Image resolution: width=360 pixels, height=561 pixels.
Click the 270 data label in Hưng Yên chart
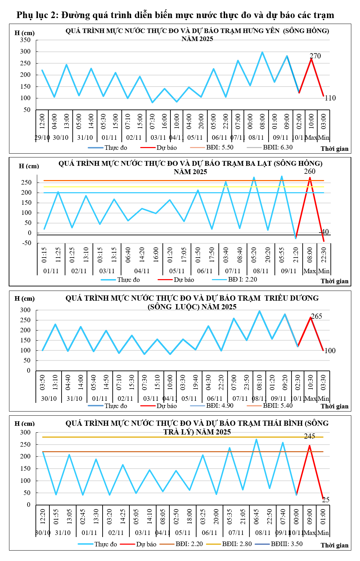pyautogui.click(x=315, y=56)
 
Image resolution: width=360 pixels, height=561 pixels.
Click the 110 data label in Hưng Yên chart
pyautogui.click(x=330, y=98)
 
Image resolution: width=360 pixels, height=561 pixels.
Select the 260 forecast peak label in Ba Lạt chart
pyautogui.click(x=310, y=171)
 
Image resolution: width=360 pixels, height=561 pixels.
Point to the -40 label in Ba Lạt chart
pyautogui.click(x=324, y=232)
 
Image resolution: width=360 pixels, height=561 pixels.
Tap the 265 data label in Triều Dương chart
pyautogui.click(x=317, y=316)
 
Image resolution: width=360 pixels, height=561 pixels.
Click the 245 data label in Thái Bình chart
pyautogui.click(x=309, y=436)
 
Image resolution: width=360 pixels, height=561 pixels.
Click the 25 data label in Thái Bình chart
pyautogui.click(x=326, y=500)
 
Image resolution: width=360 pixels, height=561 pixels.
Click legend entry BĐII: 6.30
pyautogui.click(x=278, y=147)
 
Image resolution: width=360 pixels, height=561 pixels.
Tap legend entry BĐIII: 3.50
pyautogui.click(x=287, y=544)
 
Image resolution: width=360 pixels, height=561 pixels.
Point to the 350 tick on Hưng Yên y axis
pyautogui.click(x=25, y=40)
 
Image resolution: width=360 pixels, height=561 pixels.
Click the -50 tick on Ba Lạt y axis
pyautogui.click(x=26, y=243)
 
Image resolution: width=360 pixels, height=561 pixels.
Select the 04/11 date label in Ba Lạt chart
pyautogui.click(x=142, y=271)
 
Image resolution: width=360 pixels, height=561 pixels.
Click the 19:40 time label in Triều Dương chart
pyautogui.click(x=195, y=382)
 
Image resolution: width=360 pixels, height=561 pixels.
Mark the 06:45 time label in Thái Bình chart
pyautogui.click(x=256, y=517)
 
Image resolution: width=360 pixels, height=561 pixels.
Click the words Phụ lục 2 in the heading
pyautogui.click(x=37, y=15)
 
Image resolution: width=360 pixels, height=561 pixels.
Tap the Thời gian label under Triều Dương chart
pyautogui.click(x=335, y=406)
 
